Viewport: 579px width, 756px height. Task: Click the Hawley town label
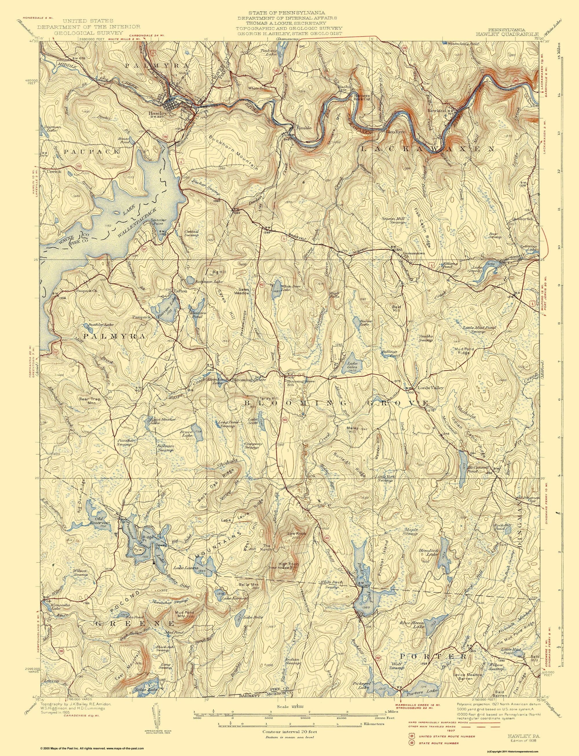tap(155, 113)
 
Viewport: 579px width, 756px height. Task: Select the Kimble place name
tap(304, 127)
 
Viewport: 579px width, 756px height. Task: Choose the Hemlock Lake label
tap(428, 551)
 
